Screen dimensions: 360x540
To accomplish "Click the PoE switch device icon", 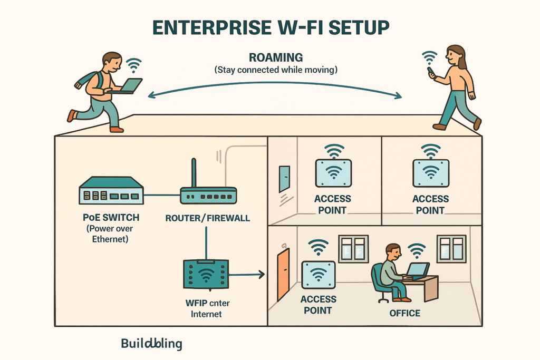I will tap(111, 190).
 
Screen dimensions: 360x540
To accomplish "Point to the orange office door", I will tap(284, 275).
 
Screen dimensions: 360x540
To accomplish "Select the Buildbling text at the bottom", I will tap(151, 344).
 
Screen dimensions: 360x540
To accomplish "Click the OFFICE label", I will tap(404, 313).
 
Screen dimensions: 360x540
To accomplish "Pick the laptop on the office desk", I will tap(418, 271).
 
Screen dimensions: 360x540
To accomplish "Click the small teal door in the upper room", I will tap(284, 179).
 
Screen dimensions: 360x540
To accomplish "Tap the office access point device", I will tap(318, 275).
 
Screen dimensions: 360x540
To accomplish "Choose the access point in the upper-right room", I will tap(431, 172).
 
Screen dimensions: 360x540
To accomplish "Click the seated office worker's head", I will tap(392, 251).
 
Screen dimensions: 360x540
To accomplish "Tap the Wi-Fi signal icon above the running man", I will tap(135, 65).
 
